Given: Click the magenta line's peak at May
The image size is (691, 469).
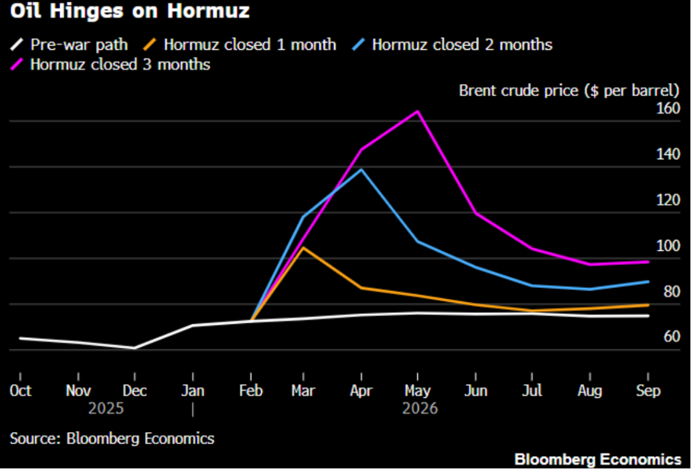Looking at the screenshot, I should click(x=417, y=111).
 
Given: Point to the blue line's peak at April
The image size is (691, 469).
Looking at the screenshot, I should click(x=361, y=170).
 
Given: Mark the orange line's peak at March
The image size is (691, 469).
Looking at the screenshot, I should click(x=303, y=248).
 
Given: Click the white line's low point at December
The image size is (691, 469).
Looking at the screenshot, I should click(x=134, y=348).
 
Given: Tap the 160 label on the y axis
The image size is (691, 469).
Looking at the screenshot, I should click(x=668, y=108).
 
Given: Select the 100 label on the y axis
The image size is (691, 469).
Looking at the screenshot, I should click(x=668, y=246).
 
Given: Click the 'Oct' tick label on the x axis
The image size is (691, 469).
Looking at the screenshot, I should click(x=20, y=390).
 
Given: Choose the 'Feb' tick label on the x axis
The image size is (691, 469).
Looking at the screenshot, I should click(x=251, y=390).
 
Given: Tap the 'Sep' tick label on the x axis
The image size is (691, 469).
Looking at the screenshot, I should click(x=647, y=390).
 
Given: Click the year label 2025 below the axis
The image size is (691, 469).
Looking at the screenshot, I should click(x=106, y=408).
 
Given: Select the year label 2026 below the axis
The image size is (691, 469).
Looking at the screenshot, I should click(x=420, y=408).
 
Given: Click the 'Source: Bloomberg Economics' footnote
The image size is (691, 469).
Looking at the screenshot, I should click(x=112, y=438).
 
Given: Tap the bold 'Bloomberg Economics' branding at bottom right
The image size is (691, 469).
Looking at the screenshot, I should click(x=598, y=459).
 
